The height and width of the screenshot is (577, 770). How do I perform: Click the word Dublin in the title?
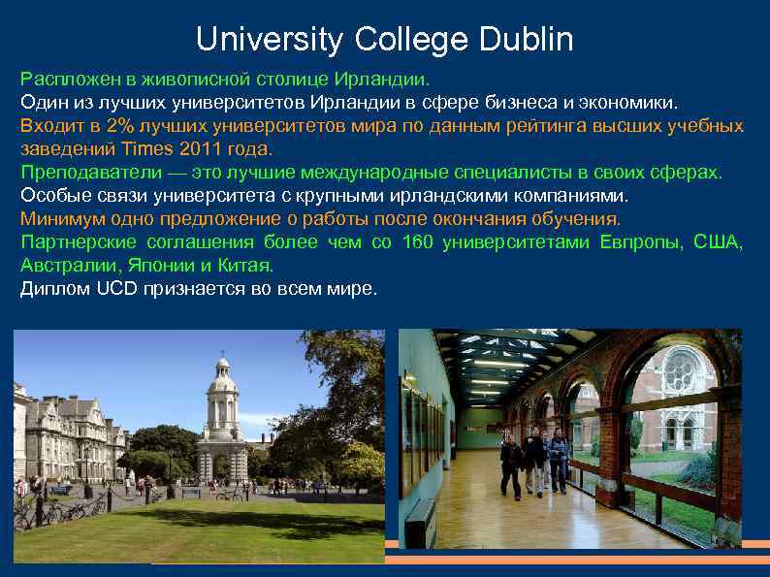tap(526, 40)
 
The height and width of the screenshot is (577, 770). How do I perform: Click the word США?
tap(719, 241)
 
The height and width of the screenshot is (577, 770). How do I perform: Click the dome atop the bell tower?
tap(223, 369)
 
